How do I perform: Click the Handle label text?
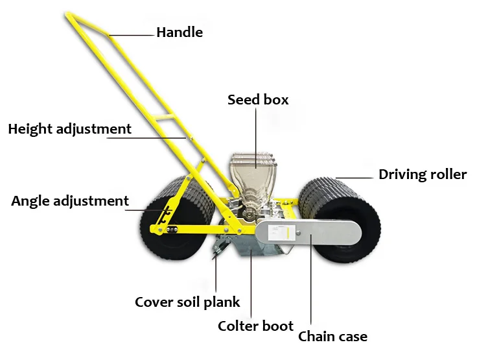[x=179, y=32]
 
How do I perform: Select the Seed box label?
[x=257, y=100]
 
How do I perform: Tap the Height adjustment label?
[x=69, y=128]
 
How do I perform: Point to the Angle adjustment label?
[x=70, y=200]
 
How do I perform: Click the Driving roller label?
[x=423, y=174]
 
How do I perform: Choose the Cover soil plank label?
[x=187, y=302]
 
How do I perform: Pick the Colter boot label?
[x=255, y=326]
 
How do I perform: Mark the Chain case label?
[x=332, y=336]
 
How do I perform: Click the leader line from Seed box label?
[x=255, y=136]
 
